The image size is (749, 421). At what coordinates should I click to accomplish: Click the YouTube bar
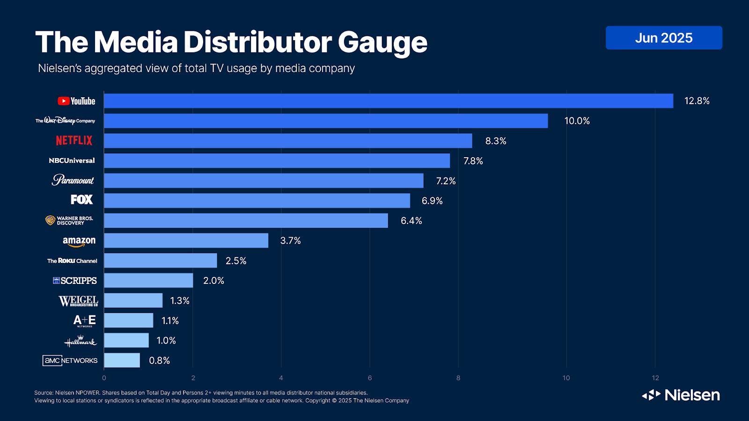[389, 101]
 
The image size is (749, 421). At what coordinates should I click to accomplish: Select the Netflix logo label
[74, 140]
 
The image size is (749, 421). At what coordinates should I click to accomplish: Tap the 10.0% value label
[577, 121]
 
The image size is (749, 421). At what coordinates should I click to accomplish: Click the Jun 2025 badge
[664, 38]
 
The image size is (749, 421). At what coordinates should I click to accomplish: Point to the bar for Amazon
[186, 240]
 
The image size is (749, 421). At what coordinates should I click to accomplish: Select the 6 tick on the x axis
[370, 378]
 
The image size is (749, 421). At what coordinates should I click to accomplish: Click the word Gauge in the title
[382, 43]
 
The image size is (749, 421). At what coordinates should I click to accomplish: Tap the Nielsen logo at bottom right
[681, 395]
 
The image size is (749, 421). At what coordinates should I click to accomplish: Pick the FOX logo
[81, 200]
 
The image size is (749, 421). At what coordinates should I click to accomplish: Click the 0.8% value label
[159, 361]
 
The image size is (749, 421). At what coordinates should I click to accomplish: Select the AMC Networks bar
[122, 360]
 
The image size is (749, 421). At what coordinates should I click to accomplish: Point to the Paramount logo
[73, 180]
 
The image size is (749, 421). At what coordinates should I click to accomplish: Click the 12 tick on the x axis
[655, 378]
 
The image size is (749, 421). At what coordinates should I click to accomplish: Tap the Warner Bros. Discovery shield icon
[50, 220]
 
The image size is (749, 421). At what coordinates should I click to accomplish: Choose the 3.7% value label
[290, 241]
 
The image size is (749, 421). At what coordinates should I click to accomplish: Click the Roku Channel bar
[160, 261]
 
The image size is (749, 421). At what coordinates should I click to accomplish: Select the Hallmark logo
[81, 341]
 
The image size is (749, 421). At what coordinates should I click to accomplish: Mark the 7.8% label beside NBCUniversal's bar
[473, 161]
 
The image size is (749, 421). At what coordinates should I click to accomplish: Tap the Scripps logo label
[75, 281]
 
